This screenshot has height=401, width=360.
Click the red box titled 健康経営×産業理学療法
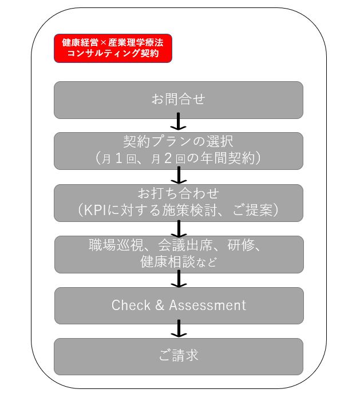[x=113, y=48]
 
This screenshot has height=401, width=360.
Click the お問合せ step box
[x=179, y=100]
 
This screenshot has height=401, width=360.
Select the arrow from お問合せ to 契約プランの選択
[x=179, y=121]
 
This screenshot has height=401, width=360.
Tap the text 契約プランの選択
[x=178, y=141]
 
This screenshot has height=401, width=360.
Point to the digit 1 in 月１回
[x=118, y=158]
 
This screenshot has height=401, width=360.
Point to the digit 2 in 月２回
[x=168, y=158]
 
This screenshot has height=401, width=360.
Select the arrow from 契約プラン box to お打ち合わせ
[x=179, y=175]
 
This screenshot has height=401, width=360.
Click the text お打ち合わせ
[x=179, y=193]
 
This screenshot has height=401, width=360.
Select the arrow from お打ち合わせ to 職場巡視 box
[x=179, y=229]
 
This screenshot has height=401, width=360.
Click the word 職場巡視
[x=116, y=245]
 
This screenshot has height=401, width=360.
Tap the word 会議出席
[x=185, y=245]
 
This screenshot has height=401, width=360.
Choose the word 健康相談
[x=167, y=261]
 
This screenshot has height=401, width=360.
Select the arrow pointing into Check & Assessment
[x=179, y=279]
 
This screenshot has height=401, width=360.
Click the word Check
[x=131, y=305]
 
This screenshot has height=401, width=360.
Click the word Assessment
[x=208, y=305]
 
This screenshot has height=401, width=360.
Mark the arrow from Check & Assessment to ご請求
[x=179, y=328]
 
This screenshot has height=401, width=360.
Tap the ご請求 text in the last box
[x=179, y=355]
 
